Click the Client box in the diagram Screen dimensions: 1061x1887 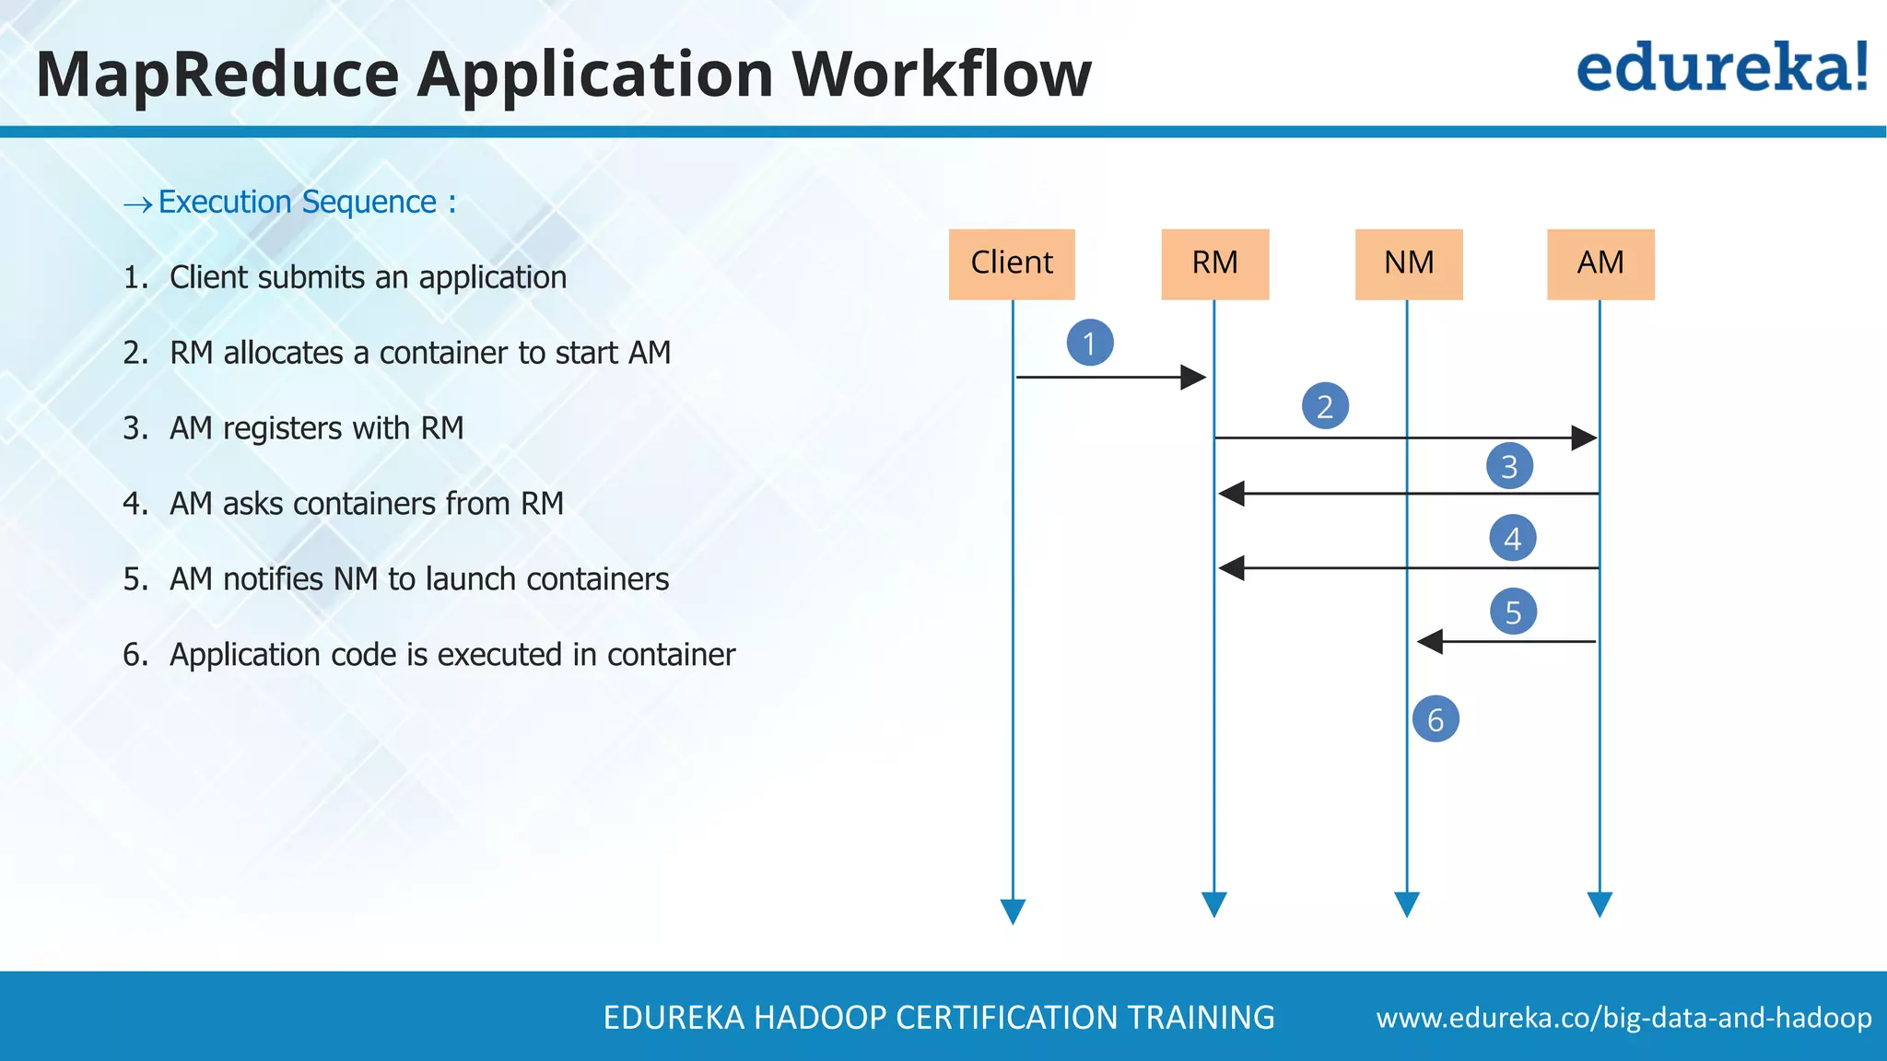pos(1012,263)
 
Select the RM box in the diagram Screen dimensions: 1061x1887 pos(1214,263)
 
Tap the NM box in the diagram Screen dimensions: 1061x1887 pos(1409,263)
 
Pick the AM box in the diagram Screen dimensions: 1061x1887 pos(1600,263)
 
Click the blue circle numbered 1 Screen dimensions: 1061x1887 pos(1090,343)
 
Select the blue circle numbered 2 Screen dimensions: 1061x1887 pos(1325,406)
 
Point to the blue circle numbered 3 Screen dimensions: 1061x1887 pos(1509,466)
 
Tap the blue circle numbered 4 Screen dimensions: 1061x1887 pos(1512,538)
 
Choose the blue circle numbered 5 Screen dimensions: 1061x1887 pos(1513,612)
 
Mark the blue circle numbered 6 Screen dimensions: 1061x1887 pos(1436,719)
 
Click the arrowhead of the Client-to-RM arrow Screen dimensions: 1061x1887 pos(1194,377)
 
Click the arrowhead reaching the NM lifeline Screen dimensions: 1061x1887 pos(1429,641)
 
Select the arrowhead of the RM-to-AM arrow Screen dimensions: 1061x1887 pos(1584,437)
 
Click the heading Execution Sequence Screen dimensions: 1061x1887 pos(298,202)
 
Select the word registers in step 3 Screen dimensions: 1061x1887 pos(282,429)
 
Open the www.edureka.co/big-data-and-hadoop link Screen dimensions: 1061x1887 pos(1623,1018)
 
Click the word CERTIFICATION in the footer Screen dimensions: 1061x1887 pos(1007,1018)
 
